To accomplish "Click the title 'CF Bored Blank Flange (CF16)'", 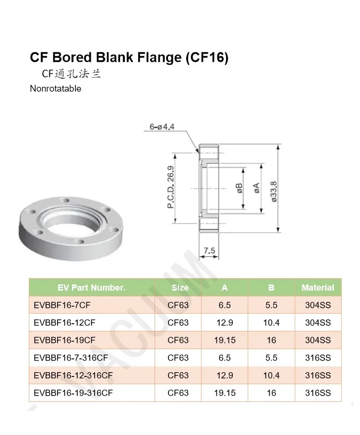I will tap(129, 58).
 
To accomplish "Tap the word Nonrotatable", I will tap(55, 89).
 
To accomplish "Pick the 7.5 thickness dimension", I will tap(209, 251).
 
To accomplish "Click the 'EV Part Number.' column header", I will tap(91, 288).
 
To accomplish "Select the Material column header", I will tap(318, 288).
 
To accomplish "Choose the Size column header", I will tap(180, 288).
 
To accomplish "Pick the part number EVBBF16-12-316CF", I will tap(73, 376).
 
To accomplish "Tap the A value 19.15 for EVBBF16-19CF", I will tap(225, 340).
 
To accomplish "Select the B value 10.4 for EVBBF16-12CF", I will tap(271, 323).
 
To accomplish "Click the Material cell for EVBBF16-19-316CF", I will tap(318, 393).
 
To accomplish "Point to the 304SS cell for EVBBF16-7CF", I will tap(318, 305).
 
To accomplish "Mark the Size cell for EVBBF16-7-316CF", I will tap(178, 358).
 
